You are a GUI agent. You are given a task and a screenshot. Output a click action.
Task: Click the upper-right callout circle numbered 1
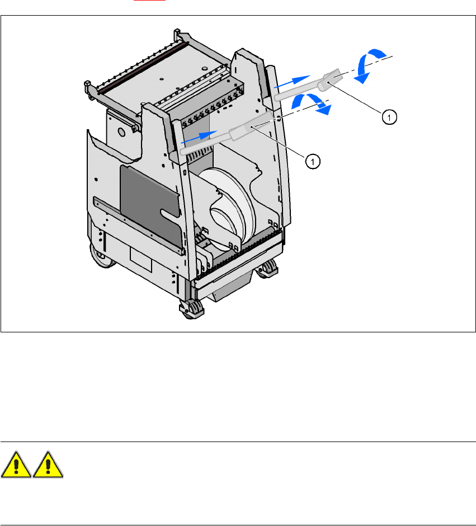pos(389,116)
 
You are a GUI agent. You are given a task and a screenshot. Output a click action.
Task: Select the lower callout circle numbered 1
pos(314,161)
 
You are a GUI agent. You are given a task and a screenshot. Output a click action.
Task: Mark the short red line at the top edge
pos(142,1)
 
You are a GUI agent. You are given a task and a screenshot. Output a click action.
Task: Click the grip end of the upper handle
pos(334,79)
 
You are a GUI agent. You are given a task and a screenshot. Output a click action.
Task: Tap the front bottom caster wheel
pos(190,309)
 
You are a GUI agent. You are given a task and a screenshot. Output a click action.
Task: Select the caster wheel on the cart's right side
pos(268,268)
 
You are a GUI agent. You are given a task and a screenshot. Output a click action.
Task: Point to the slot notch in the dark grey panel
pos(169,214)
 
